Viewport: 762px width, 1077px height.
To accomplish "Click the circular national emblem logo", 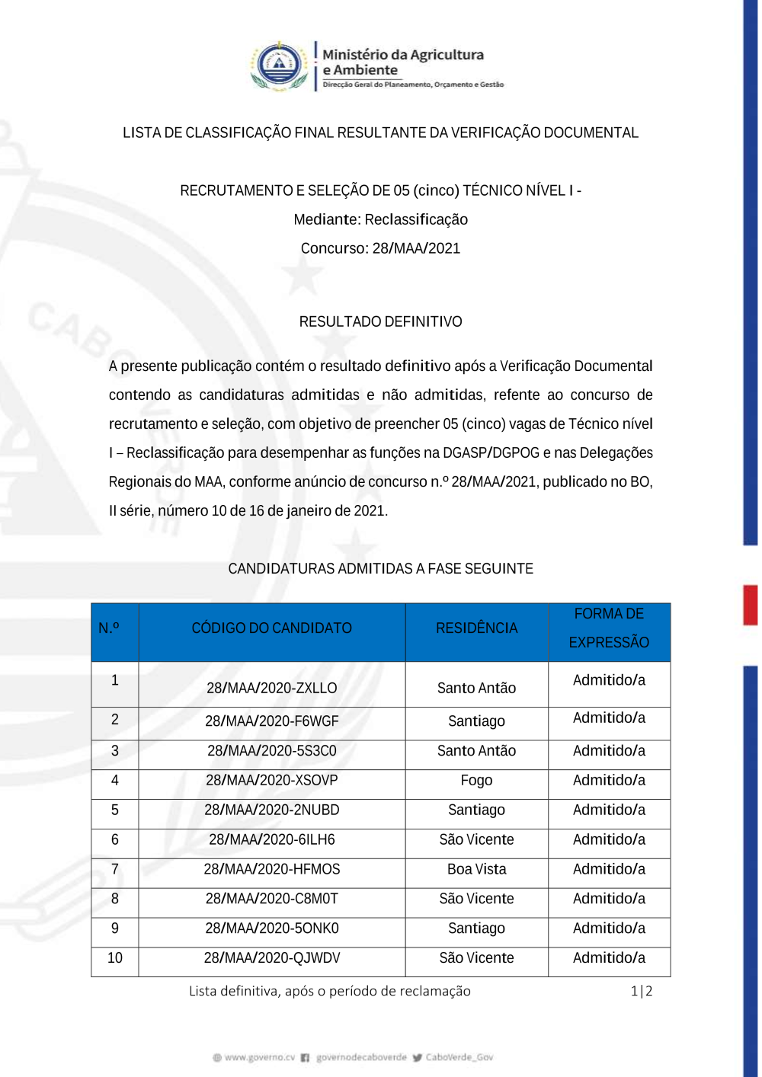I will click(x=280, y=65).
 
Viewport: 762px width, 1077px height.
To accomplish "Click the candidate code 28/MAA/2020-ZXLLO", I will click(x=271, y=688).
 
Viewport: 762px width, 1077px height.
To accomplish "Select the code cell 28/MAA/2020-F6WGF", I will click(x=271, y=721).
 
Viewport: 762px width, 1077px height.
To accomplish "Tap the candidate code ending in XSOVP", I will click(x=271, y=780).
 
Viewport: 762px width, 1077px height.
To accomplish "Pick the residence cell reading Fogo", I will click(x=476, y=780).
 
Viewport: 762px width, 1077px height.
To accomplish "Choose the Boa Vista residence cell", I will click(x=476, y=869).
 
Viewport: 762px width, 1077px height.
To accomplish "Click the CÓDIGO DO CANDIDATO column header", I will click(x=271, y=628).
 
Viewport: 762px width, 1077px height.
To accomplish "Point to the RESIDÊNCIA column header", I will click(x=476, y=628).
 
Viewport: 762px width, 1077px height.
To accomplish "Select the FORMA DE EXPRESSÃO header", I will click(x=609, y=628).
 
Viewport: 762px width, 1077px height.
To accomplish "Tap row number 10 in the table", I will click(x=115, y=957).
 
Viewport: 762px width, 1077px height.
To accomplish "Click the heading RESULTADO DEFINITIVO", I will click(x=380, y=321).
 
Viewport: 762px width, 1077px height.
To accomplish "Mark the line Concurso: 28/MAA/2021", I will click(x=380, y=248).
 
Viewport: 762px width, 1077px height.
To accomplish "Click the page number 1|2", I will click(x=642, y=991).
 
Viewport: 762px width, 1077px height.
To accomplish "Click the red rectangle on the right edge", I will click(x=751, y=605).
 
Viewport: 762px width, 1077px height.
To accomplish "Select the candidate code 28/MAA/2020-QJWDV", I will click(x=271, y=957).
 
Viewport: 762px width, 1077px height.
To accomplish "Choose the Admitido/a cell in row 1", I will click(x=609, y=680).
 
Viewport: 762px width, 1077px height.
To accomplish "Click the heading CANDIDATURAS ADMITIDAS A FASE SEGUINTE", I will click(x=380, y=568).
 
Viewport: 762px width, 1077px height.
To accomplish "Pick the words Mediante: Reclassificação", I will click(x=380, y=219).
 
